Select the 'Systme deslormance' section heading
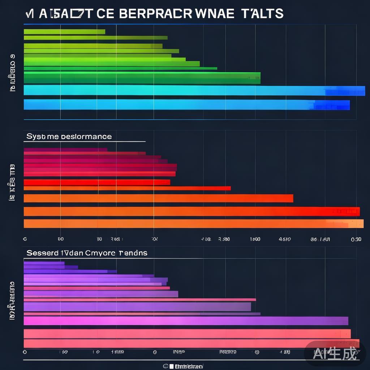tap(69, 137)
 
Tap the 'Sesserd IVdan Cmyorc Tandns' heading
tap(87, 253)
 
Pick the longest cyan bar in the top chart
tap(194, 90)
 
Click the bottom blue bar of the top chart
tap(186, 105)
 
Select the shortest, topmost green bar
tap(64, 32)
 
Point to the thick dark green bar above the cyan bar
tap(142, 78)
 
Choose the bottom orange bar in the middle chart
tap(193, 224)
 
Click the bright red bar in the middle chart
tap(97, 182)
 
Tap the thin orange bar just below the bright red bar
tap(127, 188)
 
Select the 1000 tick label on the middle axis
tap(255, 239)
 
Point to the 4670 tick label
tap(285, 239)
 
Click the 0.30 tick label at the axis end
tap(356, 239)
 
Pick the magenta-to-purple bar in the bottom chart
tap(186, 321)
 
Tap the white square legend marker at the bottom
tap(171, 366)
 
